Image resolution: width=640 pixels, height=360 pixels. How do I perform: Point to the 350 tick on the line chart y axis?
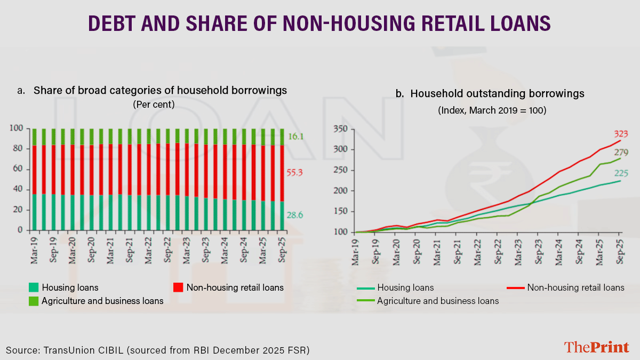[340, 129]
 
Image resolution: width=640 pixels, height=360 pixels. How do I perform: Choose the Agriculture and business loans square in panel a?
[33, 301]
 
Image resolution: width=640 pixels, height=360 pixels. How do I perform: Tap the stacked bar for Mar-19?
[35, 179]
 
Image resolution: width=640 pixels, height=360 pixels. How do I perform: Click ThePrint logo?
[597, 347]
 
